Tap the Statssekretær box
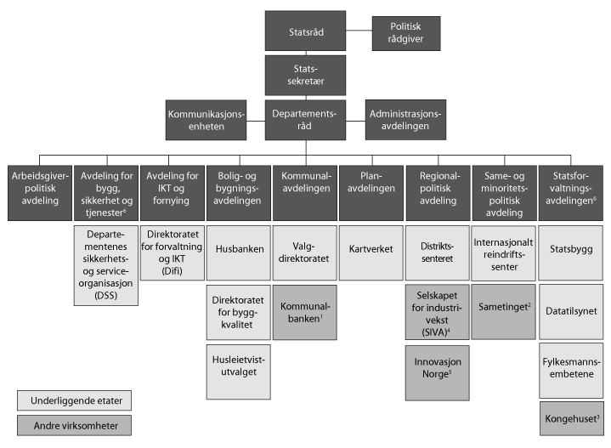305,74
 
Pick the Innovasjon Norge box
436,369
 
